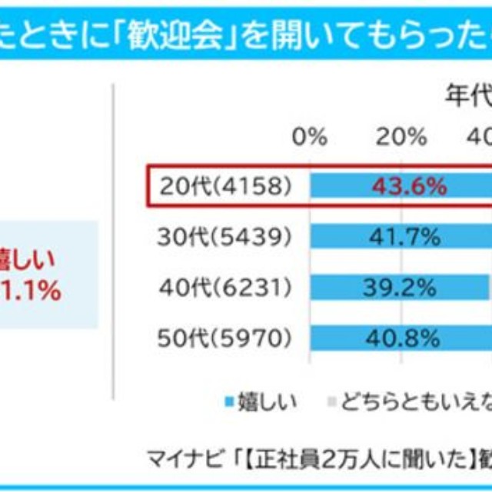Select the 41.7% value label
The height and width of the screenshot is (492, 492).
click(x=403, y=237)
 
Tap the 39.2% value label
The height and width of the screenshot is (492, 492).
click(x=397, y=288)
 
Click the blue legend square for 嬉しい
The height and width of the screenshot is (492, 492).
click(x=228, y=402)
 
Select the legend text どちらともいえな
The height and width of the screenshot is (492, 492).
click(x=416, y=401)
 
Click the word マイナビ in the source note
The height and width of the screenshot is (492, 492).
click(x=180, y=459)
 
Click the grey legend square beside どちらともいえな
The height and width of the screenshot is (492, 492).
click(x=331, y=402)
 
